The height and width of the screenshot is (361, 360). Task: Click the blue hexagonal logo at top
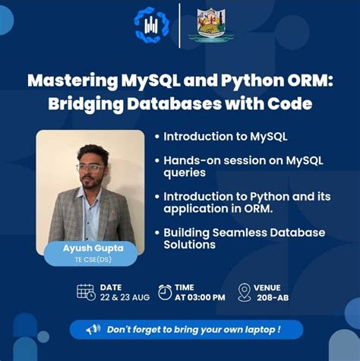point(152,24)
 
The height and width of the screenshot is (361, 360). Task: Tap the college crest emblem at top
point(207,24)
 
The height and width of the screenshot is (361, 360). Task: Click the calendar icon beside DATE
point(86,292)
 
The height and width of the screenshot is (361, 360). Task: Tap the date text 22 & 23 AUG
point(125,297)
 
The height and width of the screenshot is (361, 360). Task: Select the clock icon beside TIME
point(165,292)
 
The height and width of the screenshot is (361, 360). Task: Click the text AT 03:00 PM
point(201,297)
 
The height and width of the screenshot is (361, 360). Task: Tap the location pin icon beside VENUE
point(245,292)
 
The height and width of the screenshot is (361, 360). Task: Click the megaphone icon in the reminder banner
point(93,329)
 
